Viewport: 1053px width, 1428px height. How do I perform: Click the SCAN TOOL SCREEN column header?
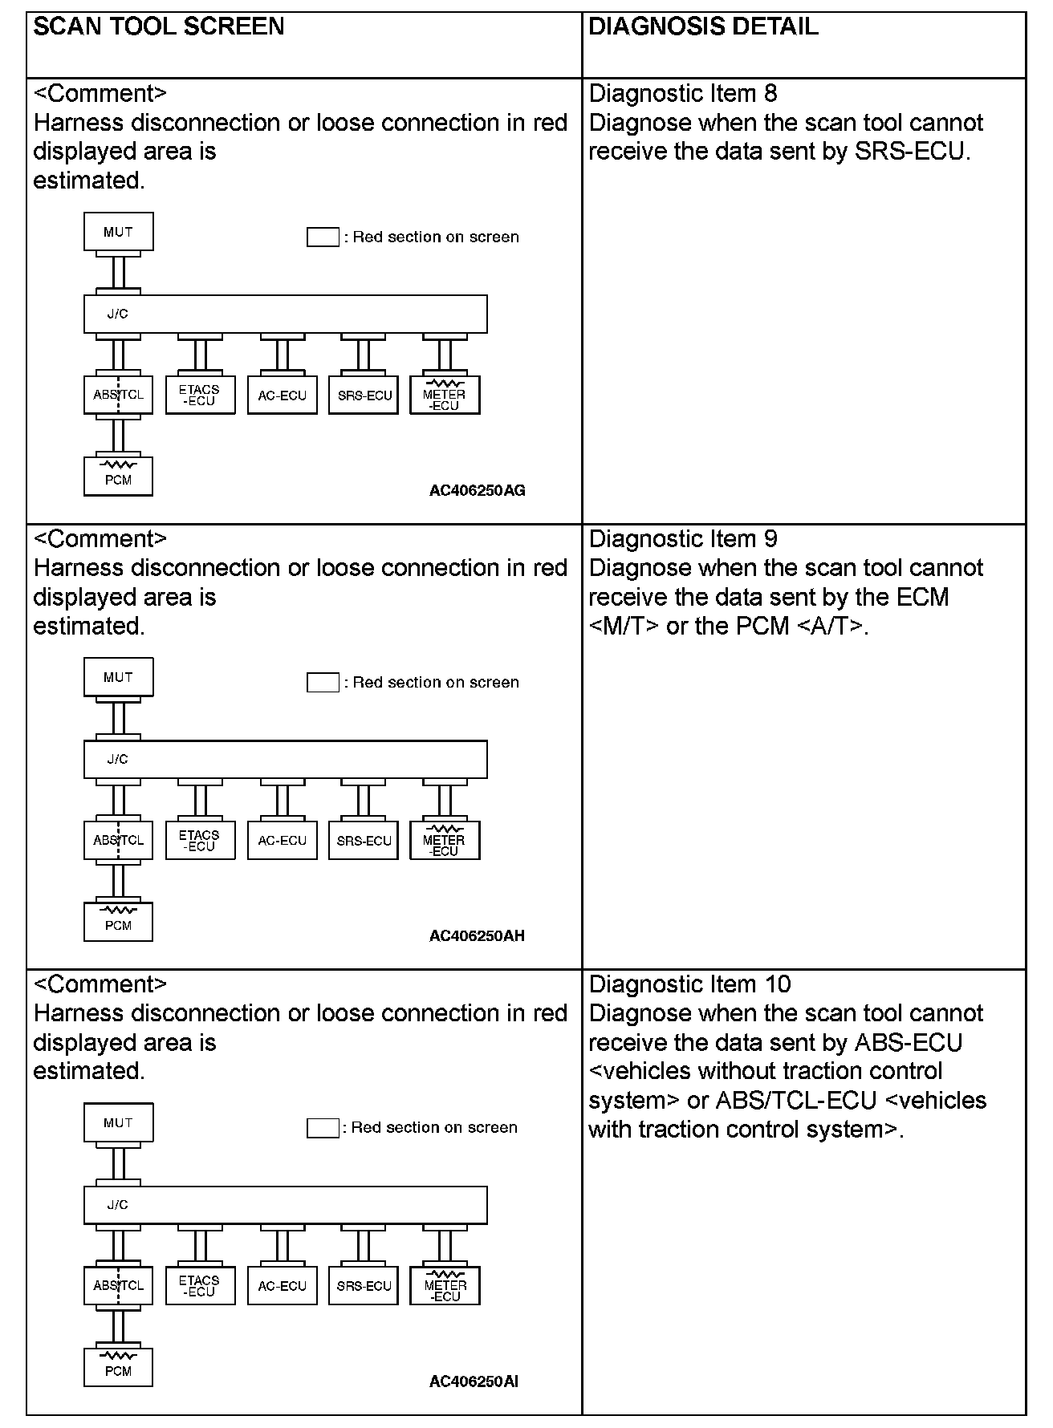(x=159, y=26)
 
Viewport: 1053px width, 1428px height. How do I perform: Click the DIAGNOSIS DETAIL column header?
(x=703, y=26)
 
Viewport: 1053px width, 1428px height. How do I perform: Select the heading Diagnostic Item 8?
(x=683, y=93)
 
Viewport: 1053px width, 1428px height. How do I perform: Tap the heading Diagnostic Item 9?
(x=683, y=538)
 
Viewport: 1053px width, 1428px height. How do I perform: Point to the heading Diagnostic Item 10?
(x=689, y=984)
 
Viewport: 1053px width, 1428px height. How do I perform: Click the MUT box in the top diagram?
(x=118, y=232)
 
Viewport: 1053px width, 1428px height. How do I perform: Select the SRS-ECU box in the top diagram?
(x=364, y=396)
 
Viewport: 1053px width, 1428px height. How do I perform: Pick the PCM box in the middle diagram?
(x=118, y=922)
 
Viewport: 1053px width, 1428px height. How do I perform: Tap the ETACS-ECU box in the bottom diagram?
(x=200, y=1286)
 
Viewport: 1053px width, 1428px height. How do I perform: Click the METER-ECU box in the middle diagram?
(x=445, y=841)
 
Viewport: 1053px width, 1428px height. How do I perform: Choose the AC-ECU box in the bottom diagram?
(x=282, y=1286)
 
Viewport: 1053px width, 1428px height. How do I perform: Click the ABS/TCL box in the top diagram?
(x=118, y=396)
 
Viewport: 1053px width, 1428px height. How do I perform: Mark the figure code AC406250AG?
(x=477, y=490)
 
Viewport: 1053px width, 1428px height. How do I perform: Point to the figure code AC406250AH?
(x=477, y=935)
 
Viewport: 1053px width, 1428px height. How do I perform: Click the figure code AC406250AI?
(x=474, y=1381)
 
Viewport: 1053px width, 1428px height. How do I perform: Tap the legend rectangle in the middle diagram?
(x=323, y=682)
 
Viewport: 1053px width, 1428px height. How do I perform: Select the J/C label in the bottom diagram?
(x=118, y=1204)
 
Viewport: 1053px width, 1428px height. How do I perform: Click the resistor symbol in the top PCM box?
(x=118, y=465)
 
